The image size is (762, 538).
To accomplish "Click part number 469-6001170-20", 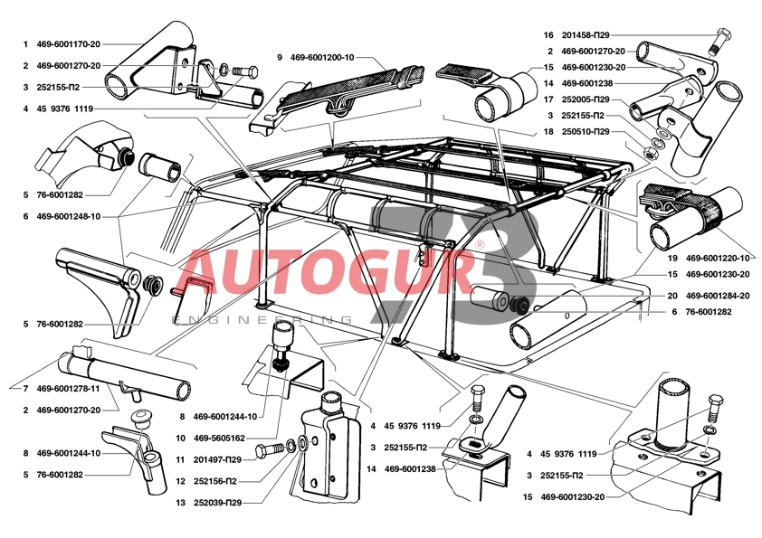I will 69,43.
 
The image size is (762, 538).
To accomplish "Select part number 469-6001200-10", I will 322,57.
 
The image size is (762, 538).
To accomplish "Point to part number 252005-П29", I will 589,99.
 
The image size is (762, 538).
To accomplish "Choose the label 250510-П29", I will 589,131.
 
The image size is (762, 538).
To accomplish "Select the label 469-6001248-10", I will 69,216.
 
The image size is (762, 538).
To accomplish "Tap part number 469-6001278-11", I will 69,388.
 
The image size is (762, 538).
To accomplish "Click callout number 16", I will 548,34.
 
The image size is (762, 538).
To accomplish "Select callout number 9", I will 281,57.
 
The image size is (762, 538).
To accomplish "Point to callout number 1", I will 25,43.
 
